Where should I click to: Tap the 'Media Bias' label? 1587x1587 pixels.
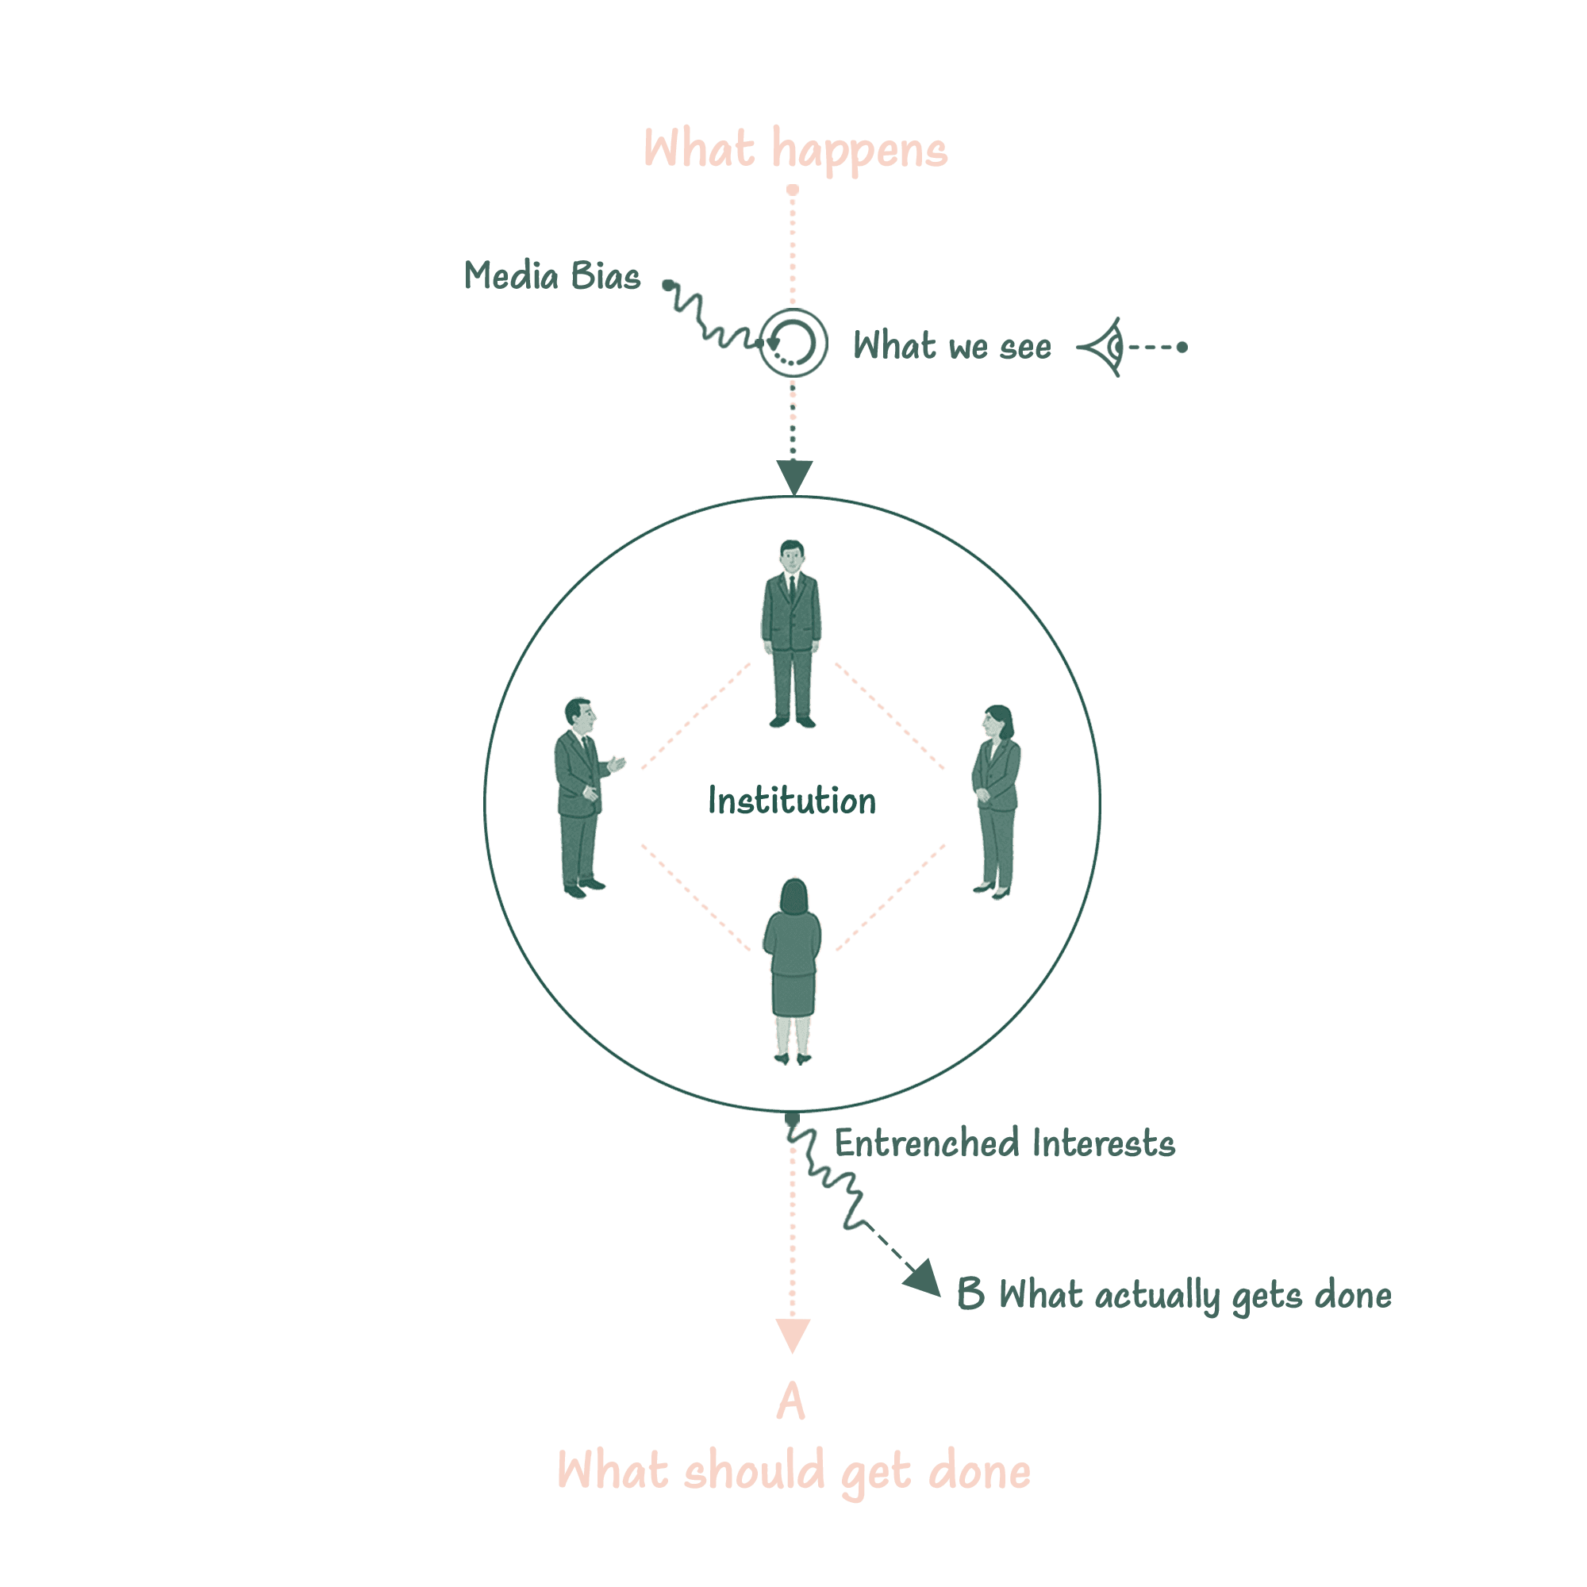(x=552, y=277)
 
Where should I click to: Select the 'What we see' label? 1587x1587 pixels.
(x=952, y=347)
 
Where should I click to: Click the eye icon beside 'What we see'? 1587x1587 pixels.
(x=1103, y=347)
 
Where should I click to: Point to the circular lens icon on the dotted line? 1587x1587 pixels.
(x=793, y=343)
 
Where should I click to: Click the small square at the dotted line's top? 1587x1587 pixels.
(x=793, y=190)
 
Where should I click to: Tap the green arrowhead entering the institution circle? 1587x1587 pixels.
(x=794, y=475)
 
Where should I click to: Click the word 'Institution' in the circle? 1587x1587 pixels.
(x=792, y=801)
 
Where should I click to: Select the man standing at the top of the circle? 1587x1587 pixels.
(x=791, y=633)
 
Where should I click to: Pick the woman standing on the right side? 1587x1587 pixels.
(x=997, y=801)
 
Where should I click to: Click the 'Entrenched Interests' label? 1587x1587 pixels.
(x=1004, y=1143)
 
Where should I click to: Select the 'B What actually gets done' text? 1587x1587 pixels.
(x=1174, y=1296)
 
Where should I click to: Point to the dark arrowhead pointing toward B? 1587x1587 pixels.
(x=924, y=1279)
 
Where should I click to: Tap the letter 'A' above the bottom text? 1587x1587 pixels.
(x=791, y=1402)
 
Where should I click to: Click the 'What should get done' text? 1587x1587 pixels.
(x=793, y=1471)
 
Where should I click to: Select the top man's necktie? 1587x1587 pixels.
(x=791, y=588)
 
